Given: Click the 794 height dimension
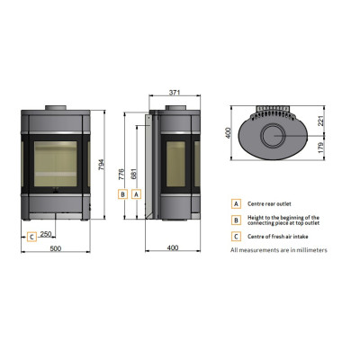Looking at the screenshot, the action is (101, 165).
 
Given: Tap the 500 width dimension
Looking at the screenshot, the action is (56, 248).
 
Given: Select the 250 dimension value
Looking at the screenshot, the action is (46, 234).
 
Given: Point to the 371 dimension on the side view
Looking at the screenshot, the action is (175, 93).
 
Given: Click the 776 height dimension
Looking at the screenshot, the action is (121, 175).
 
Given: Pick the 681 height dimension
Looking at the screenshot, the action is (134, 174).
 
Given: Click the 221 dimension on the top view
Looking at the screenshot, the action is (321, 121).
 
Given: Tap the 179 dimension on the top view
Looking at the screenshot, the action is (321, 148).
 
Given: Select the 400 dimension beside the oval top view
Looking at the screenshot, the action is (228, 133).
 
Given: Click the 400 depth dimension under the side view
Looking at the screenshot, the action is (173, 247).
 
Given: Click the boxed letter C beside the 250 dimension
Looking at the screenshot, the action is (31, 237).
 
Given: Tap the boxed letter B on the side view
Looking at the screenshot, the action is (122, 194).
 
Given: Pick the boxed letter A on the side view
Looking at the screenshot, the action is (137, 194).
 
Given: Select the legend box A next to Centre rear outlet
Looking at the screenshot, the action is (236, 204).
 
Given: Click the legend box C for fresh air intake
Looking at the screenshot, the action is (236, 237).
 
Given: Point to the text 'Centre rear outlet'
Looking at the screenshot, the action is (269, 204).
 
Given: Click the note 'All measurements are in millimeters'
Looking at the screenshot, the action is (279, 250).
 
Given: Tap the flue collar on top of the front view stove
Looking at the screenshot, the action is (56, 108).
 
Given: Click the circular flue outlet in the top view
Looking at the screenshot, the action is (274, 135).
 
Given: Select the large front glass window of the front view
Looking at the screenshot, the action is (56, 164).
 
